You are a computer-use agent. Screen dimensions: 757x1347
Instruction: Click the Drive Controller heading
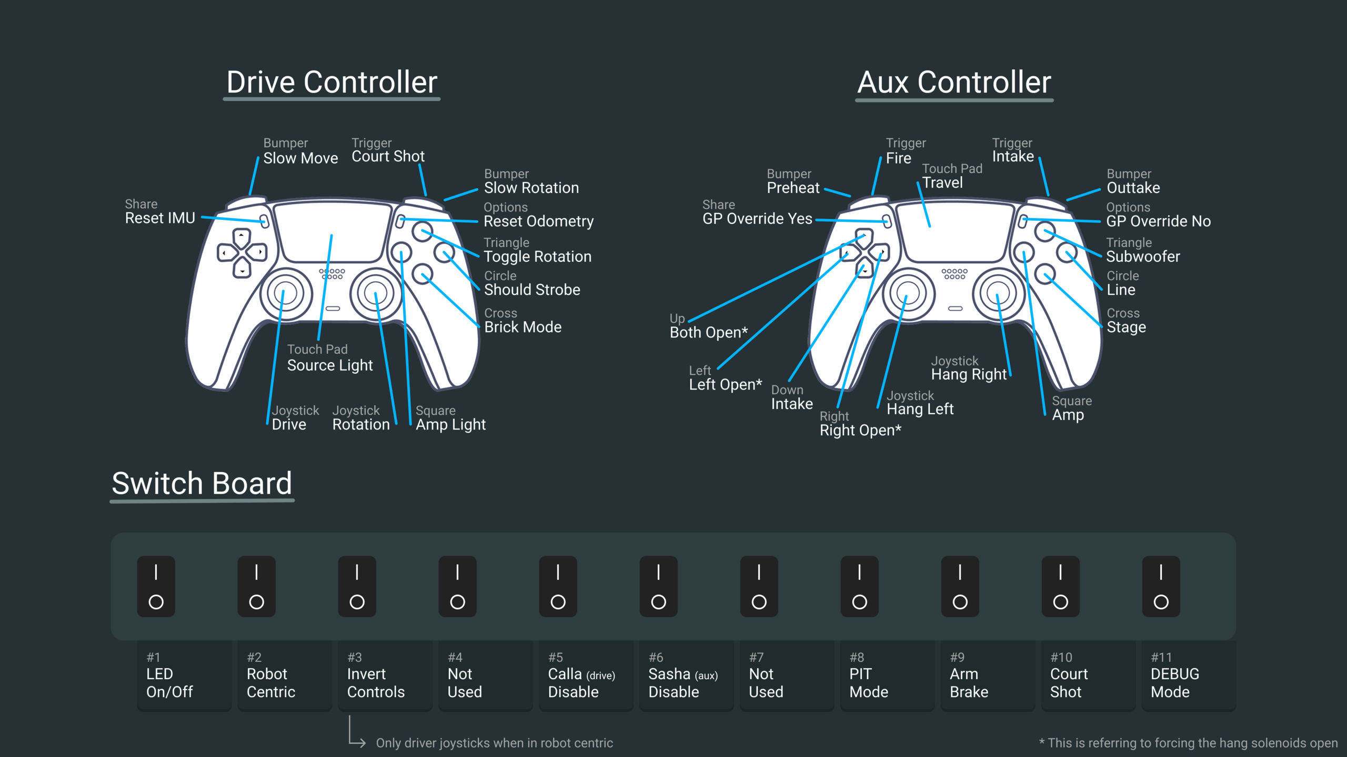click(x=331, y=83)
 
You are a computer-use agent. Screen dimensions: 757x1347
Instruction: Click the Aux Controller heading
click(x=954, y=83)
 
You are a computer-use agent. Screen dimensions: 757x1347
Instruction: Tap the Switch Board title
click(x=202, y=484)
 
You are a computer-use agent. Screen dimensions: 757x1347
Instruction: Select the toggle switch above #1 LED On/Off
click(x=156, y=586)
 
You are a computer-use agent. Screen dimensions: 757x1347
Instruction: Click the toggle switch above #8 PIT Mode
click(x=859, y=586)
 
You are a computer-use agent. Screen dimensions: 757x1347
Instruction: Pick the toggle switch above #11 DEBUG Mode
click(x=1161, y=586)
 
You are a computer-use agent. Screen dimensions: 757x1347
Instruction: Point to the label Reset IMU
click(x=160, y=218)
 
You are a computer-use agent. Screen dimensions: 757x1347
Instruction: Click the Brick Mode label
click(x=522, y=327)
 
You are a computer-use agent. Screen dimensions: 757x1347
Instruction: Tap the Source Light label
click(x=330, y=365)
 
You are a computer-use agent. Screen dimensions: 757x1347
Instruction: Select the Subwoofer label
click(x=1143, y=257)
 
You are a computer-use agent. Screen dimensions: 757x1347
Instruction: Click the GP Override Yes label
click(x=757, y=219)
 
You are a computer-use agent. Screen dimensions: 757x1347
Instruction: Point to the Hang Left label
click(x=920, y=409)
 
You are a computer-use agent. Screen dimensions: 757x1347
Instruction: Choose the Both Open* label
click(x=708, y=333)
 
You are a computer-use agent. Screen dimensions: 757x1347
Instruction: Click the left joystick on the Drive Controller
click(x=285, y=293)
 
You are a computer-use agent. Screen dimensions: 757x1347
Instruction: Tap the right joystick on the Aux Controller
click(x=998, y=293)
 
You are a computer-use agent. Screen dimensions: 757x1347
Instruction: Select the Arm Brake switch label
click(x=969, y=683)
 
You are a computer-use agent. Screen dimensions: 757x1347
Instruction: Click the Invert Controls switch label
click(x=376, y=683)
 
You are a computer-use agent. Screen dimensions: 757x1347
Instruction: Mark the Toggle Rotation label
click(x=537, y=257)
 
